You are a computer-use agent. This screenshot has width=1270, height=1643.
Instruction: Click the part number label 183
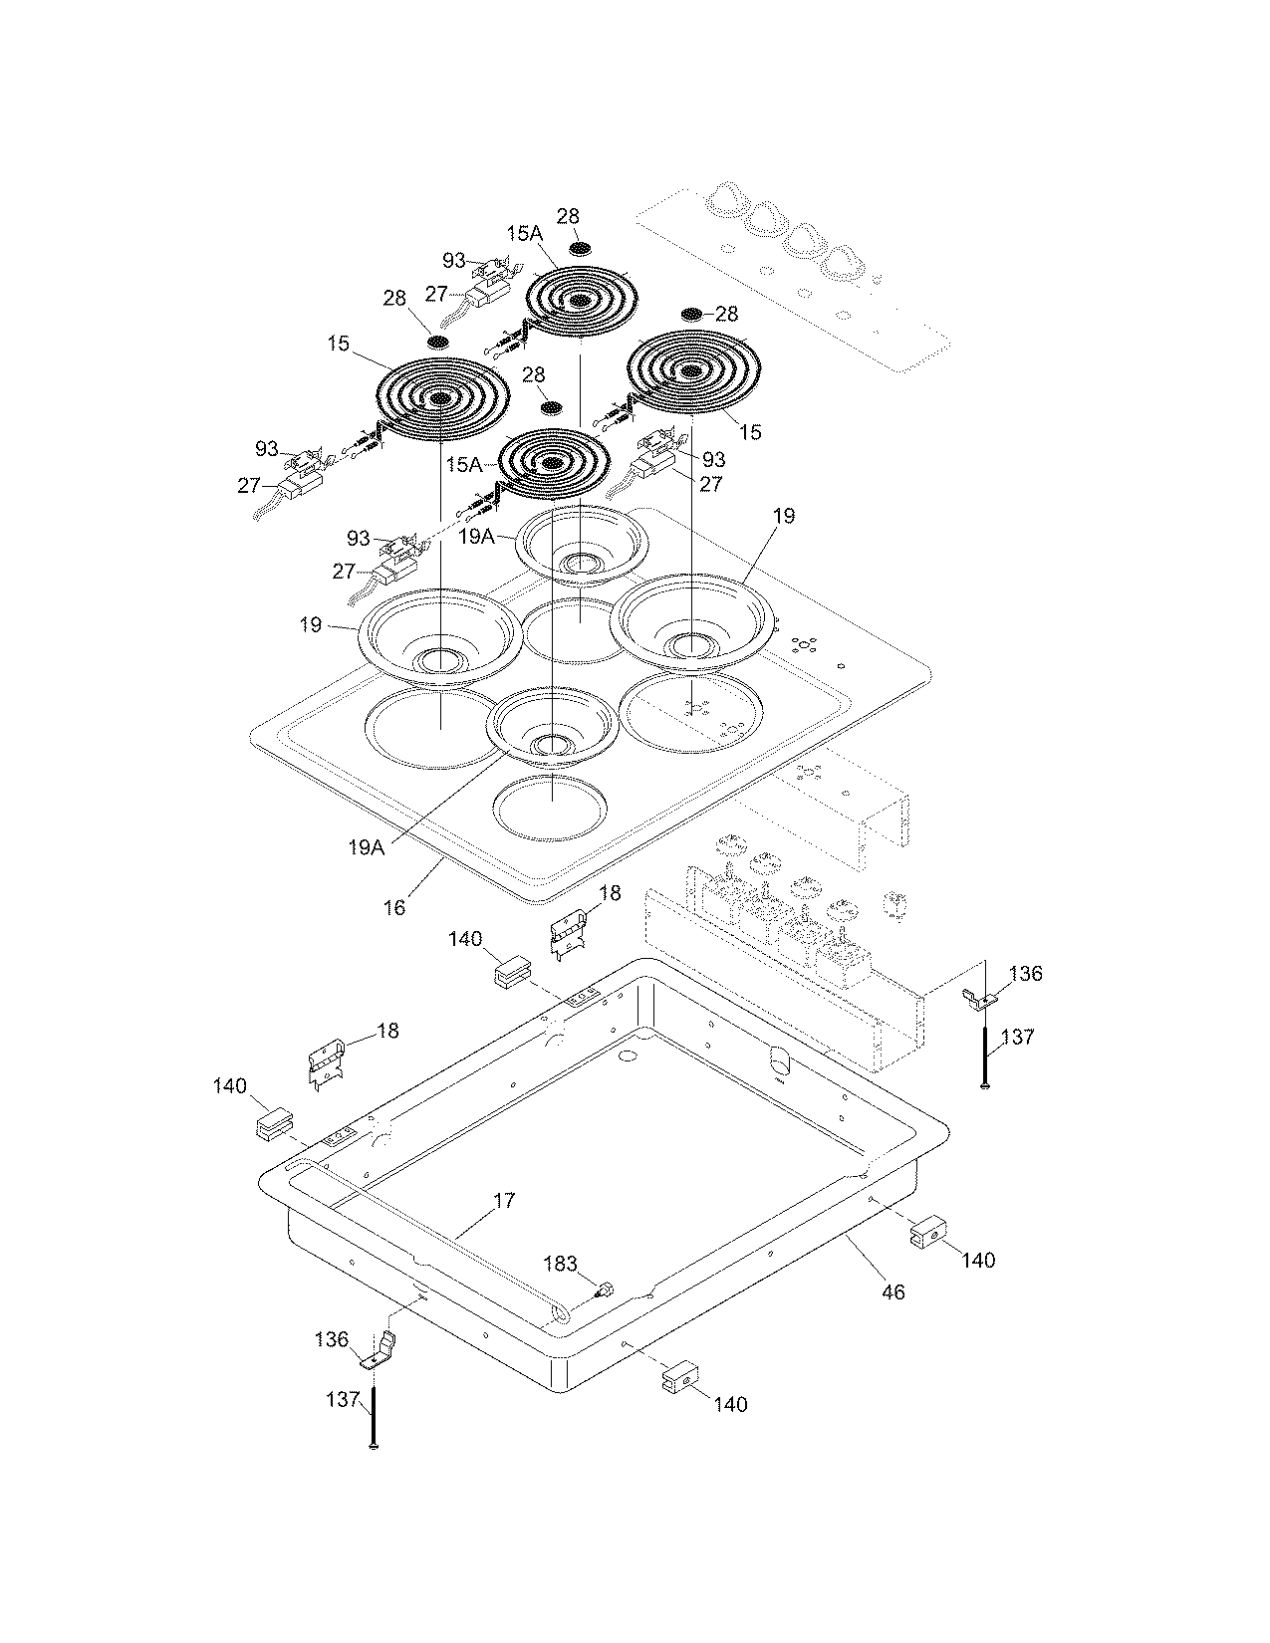pyautogui.click(x=560, y=1264)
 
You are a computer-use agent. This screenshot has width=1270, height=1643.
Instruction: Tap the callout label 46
pyautogui.click(x=893, y=1291)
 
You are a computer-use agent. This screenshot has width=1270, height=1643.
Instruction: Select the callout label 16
pyautogui.click(x=394, y=907)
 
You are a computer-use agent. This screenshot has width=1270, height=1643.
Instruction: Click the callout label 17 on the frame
pyautogui.click(x=504, y=1201)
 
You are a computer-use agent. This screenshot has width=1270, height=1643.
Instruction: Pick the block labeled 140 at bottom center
pyautogui.click(x=675, y=1378)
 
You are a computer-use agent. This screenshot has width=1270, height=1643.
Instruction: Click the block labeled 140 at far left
pyautogui.click(x=272, y=1125)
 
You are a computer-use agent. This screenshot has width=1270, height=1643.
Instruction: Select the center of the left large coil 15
pyautogui.click(x=439, y=399)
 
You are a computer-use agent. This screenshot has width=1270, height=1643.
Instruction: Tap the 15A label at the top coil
pyautogui.click(x=524, y=233)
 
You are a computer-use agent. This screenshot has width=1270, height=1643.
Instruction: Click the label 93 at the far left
pyautogui.click(x=266, y=448)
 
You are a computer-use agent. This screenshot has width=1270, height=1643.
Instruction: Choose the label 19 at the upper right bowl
pyautogui.click(x=784, y=516)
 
